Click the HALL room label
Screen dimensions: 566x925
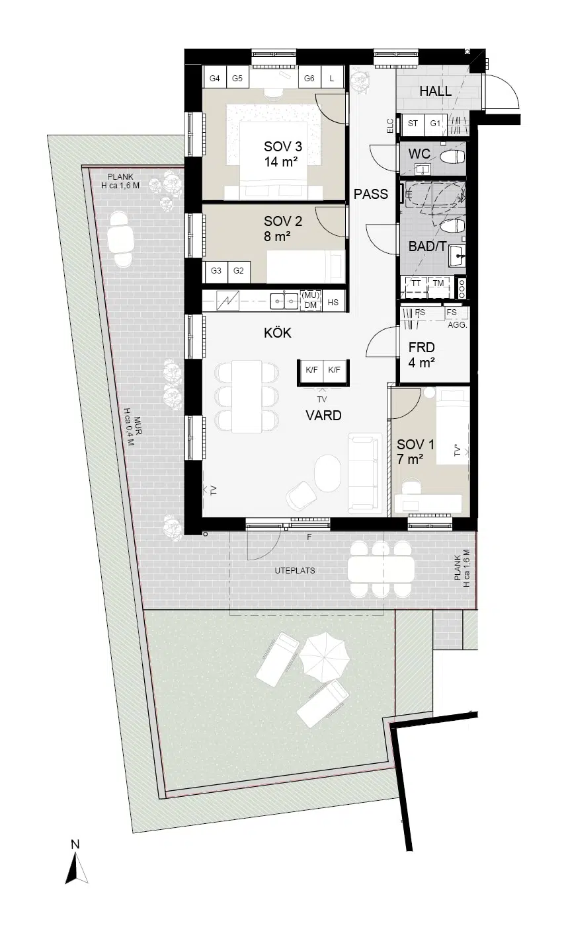click(x=435, y=91)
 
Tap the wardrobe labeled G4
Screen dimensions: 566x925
click(x=215, y=78)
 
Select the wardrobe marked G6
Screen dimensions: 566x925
click(x=309, y=78)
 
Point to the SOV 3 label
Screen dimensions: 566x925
click(x=283, y=146)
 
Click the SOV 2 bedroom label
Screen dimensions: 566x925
click(x=283, y=221)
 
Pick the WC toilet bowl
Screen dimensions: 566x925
click(x=453, y=157)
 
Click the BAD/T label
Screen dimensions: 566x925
click(x=427, y=246)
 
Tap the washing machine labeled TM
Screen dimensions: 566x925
click(x=439, y=287)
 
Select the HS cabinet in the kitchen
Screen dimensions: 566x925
click(x=333, y=302)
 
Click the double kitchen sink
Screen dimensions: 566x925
click(x=284, y=301)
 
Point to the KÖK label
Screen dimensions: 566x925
click(x=278, y=333)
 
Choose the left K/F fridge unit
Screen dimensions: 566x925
click(x=312, y=370)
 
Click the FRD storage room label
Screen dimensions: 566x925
click(x=421, y=348)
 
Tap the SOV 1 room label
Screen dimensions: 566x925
click(x=415, y=444)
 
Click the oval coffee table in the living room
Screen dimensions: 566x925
click(x=328, y=473)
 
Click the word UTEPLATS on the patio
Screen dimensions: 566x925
click(x=295, y=571)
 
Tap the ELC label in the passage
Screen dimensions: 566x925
click(x=390, y=126)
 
